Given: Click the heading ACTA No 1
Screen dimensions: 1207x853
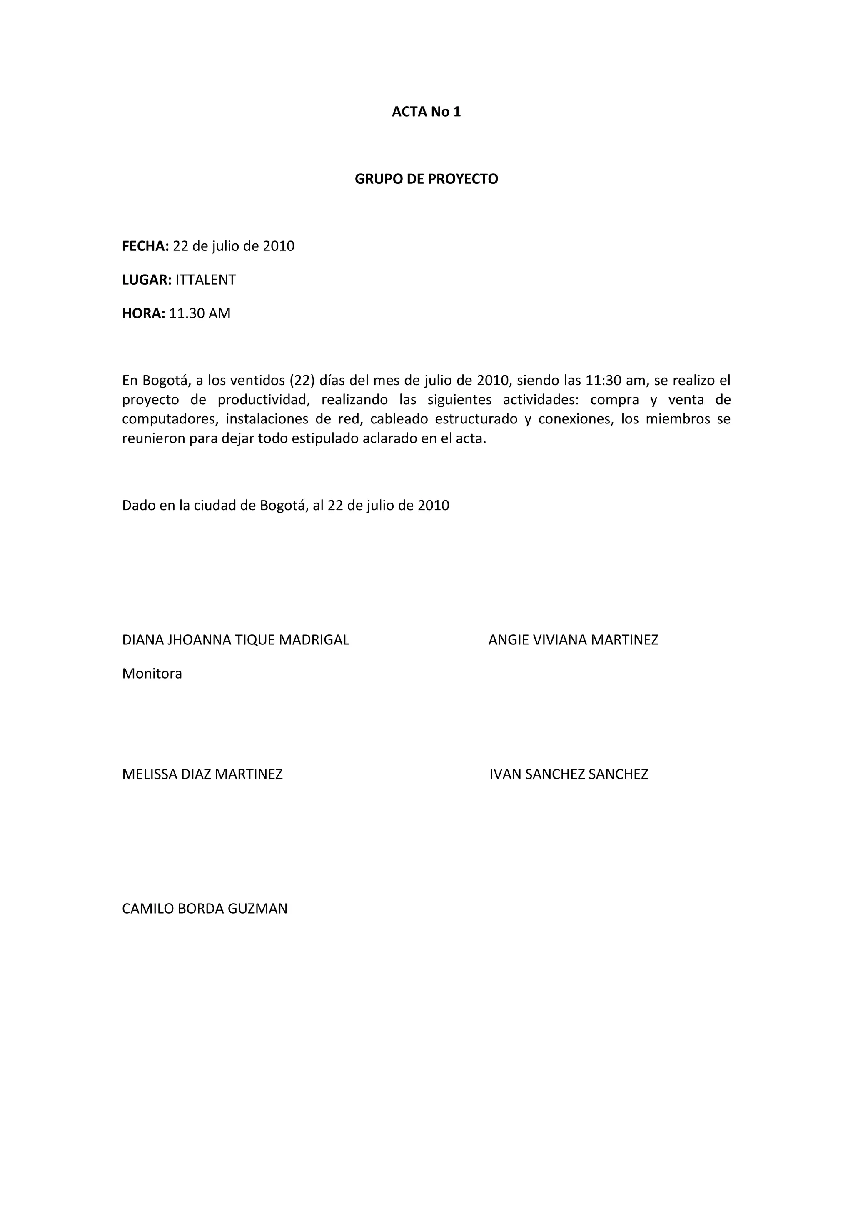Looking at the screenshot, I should pyautogui.click(x=426, y=112).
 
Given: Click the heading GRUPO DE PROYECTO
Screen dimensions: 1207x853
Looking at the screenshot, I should pyautogui.click(x=426, y=179).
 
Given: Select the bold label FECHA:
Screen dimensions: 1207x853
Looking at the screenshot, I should pyautogui.click(x=145, y=246).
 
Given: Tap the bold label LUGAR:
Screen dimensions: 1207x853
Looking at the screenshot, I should pyautogui.click(x=147, y=280).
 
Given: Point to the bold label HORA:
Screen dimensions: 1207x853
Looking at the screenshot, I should pyautogui.click(x=143, y=313).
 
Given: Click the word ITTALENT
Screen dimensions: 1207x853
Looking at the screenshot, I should pyautogui.click(x=205, y=280).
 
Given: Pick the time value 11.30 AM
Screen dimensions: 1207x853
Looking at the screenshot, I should pyautogui.click(x=200, y=313).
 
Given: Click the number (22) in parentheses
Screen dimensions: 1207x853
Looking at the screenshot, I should pyautogui.click(x=302, y=380).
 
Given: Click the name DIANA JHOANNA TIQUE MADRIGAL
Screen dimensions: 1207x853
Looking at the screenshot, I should pyautogui.click(x=235, y=640).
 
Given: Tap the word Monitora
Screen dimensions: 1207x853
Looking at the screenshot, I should pyautogui.click(x=152, y=674).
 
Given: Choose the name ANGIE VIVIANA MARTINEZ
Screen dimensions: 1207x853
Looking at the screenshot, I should pyautogui.click(x=573, y=640).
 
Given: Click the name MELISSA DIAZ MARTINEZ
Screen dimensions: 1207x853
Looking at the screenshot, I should pyautogui.click(x=202, y=774).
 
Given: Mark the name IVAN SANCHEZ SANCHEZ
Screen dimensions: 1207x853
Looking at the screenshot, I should pyautogui.click(x=569, y=774).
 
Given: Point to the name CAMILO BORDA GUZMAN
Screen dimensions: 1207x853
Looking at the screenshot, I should pyautogui.click(x=205, y=909).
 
